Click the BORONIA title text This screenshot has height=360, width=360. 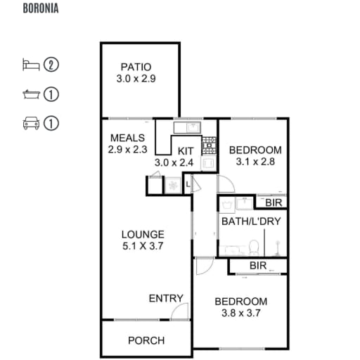[41, 8]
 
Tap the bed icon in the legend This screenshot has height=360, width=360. [31, 65]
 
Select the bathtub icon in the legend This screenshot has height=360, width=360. [31, 94]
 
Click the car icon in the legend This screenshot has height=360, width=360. [31, 123]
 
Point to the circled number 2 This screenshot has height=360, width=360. [51, 65]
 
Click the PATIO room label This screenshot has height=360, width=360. [136, 67]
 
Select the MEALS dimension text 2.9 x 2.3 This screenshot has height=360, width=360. [128, 149]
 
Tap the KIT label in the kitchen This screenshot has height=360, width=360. [186, 151]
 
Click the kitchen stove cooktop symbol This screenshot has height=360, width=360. [209, 146]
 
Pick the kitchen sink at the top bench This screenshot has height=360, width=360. [193, 127]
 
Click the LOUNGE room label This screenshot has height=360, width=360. [143, 235]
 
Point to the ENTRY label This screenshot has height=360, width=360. [166, 298]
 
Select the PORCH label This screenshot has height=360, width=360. [146, 340]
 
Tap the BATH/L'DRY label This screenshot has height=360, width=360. [251, 221]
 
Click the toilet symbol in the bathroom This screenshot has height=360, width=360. [254, 247]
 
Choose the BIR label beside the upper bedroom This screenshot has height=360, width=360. [274, 202]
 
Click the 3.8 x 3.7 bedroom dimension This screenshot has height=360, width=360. [241, 313]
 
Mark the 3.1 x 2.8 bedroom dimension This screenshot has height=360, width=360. [255, 162]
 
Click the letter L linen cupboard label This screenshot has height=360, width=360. [188, 185]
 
